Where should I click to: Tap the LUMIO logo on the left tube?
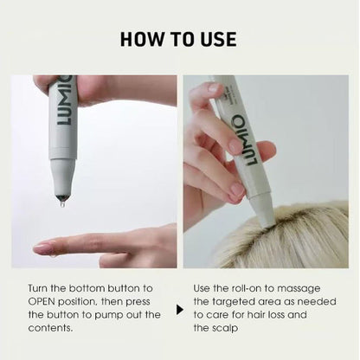point(65,105)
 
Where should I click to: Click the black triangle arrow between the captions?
point(179,309)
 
